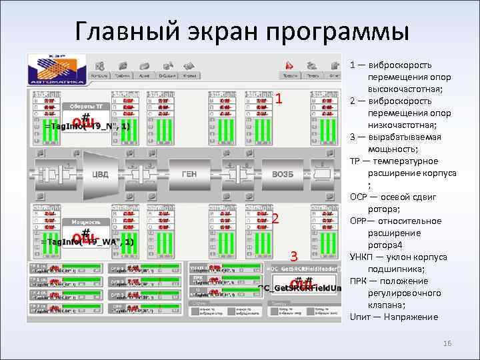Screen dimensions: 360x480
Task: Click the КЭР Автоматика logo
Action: tap(57, 68)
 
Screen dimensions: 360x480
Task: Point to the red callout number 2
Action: tap(275, 219)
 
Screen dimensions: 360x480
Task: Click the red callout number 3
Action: tap(292, 255)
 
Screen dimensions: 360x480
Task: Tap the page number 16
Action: tap(447, 343)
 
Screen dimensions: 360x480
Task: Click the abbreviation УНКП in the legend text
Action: tap(362, 257)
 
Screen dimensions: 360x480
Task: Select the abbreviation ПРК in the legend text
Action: tap(358, 281)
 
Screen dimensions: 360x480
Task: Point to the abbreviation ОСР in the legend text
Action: tap(359, 197)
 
